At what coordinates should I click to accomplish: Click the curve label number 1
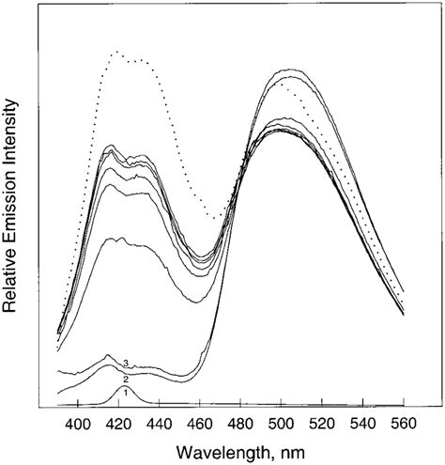pyautogui.click(x=126, y=391)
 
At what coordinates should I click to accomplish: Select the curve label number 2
pyautogui.click(x=125, y=379)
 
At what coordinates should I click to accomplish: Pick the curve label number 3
pyautogui.click(x=125, y=363)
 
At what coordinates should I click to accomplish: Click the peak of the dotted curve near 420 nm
pyautogui.click(x=117, y=53)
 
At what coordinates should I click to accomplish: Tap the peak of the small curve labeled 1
pyautogui.click(x=122, y=385)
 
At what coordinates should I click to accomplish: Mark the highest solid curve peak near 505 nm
pyautogui.click(x=284, y=70)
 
